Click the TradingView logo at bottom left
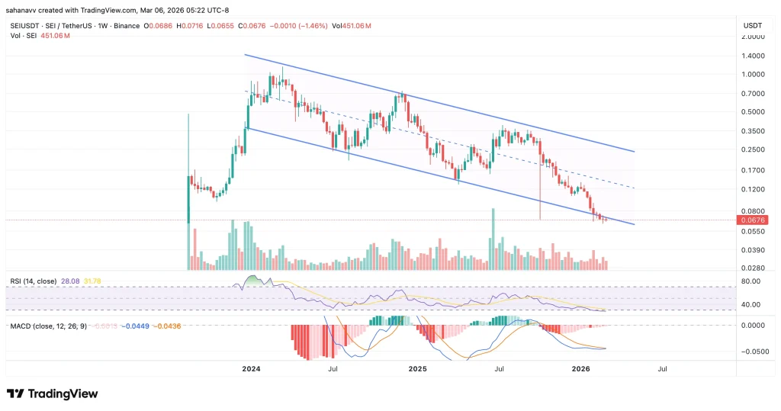(x=52, y=393)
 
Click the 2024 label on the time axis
(x=251, y=368)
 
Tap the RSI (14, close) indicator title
(x=34, y=281)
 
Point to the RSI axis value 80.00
(x=750, y=281)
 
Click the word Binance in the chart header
(x=127, y=26)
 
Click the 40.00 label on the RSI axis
(x=750, y=305)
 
